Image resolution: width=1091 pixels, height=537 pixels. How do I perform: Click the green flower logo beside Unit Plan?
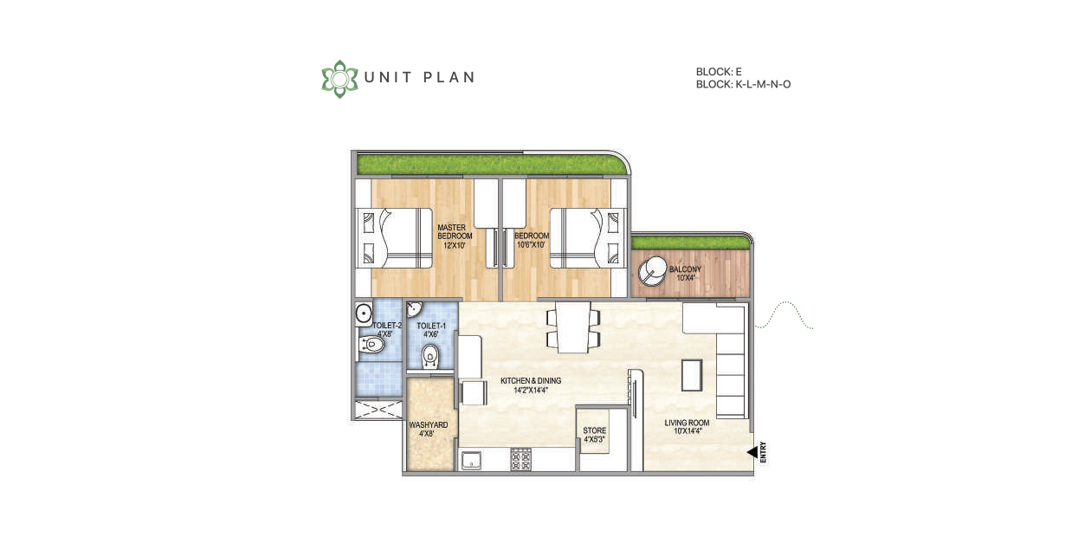pyautogui.click(x=339, y=79)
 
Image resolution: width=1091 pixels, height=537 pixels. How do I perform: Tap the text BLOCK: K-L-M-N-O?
pyautogui.click(x=743, y=84)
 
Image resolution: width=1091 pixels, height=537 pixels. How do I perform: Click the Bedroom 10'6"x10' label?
pyautogui.click(x=532, y=240)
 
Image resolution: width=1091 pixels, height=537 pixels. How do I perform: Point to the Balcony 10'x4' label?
pyautogui.click(x=685, y=274)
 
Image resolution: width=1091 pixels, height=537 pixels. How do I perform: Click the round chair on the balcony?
pyautogui.click(x=652, y=271)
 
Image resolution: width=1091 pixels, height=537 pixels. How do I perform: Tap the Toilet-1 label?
pyautogui.click(x=431, y=330)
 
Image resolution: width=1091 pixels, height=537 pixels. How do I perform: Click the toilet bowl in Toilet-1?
pyautogui.click(x=429, y=357)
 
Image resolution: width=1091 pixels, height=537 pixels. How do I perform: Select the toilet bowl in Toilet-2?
pyautogui.click(x=371, y=345)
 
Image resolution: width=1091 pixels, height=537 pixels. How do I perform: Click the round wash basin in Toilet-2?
pyautogui.click(x=364, y=314)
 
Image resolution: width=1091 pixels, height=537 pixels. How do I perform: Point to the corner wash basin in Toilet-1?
pyautogui.click(x=414, y=309)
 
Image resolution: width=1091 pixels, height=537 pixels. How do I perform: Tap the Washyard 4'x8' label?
pyautogui.click(x=428, y=430)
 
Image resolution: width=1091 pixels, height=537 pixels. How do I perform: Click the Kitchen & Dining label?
pyautogui.click(x=531, y=385)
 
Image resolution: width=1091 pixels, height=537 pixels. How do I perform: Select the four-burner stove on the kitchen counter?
pyautogui.click(x=520, y=460)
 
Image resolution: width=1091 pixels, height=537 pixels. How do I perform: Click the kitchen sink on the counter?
pyautogui.click(x=471, y=460)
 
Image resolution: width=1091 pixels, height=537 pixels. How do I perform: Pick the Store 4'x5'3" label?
pyautogui.click(x=594, y=435)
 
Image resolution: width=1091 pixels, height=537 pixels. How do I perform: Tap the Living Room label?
pyautogui.click(x=687, y=427)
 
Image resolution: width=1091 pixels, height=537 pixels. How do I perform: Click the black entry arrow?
pyautogui.click(x=752, y=452)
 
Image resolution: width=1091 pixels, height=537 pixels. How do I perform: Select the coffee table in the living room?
pyautogui.click(x=692, y=375)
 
